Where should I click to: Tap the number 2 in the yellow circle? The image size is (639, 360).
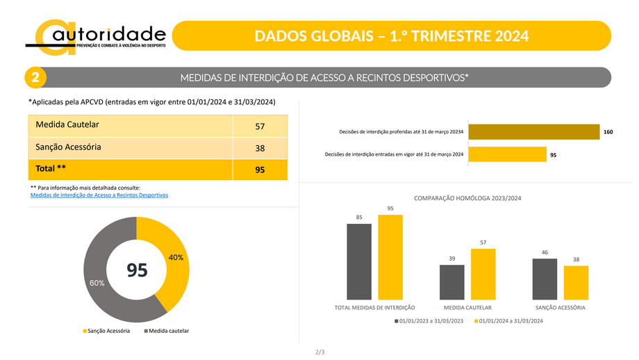coord(35,77)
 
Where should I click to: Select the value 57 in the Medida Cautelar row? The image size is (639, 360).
coord(260,126)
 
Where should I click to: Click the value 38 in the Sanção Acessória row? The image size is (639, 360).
coord(260,148)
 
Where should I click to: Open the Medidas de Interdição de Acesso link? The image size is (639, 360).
coord(99,195)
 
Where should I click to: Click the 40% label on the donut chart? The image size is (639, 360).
coord(176,257)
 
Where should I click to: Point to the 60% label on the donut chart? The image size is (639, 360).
coord(97,283)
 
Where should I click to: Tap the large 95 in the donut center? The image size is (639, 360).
coord(137,270)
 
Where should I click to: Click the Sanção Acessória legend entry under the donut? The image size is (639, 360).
coord(108,331)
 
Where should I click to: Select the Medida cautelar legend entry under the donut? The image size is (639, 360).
coord(169,331)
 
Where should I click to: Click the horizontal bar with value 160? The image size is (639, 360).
coord(533,132)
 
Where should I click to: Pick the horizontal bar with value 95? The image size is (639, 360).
coord(507,155)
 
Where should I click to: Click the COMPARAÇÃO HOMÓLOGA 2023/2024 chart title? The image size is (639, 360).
coord(467,198)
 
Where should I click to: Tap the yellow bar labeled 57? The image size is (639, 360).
coord(483,274)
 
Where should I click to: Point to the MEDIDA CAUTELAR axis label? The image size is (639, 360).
coord(467,307)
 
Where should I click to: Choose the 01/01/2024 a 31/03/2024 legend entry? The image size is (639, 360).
coord(508,320)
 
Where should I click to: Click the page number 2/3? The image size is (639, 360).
coord(319,352)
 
